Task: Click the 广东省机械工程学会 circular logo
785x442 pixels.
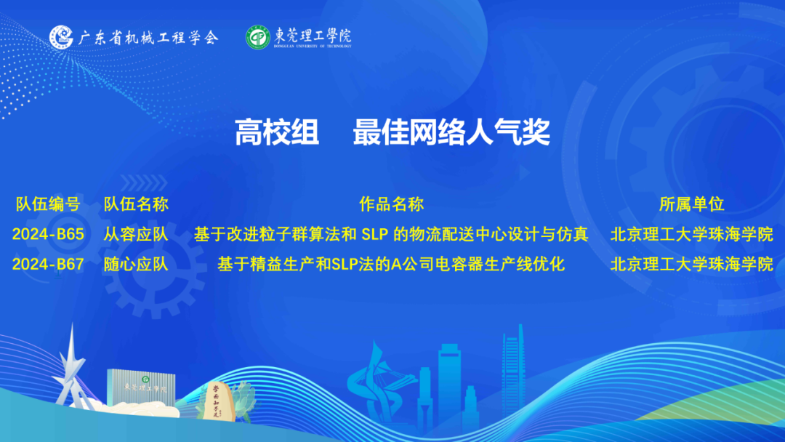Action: [x=61, y=38]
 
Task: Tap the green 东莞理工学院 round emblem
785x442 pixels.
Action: [x=258, y=38]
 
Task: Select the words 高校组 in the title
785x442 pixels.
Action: [x=277, y=132]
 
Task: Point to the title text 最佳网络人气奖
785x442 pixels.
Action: [x=451, y=132]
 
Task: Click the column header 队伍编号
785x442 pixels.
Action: [x=48, y=204]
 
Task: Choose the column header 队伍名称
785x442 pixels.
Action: [x=136, y=204]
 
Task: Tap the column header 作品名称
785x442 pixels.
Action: [x=392, y=204]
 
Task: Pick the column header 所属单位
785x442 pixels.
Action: [x=692, y=204]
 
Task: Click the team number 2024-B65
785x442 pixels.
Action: [x=48, y=234]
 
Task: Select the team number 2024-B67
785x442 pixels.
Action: [x=48, y=265]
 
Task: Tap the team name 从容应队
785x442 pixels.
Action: [x=136, y=234]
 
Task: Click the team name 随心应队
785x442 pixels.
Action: [x=136, y=265]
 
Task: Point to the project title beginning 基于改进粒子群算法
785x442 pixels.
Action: [x=391, y=234]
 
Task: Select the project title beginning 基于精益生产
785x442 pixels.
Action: [x=391, y=265]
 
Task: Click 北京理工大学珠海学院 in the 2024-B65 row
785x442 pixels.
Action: [x=692, y=234]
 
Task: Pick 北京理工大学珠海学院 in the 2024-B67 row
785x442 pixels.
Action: [x=692, y=265]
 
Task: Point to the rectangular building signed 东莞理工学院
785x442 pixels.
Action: [x=141, y=387]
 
